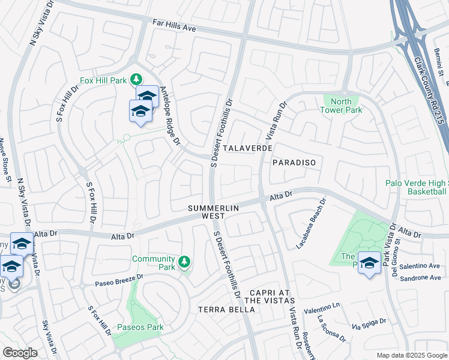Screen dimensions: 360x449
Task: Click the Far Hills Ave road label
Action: [x=174, y=28]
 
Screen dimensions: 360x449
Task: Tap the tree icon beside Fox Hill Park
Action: [x=137, y=79]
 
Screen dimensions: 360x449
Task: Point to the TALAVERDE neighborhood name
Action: [x=248, y=148]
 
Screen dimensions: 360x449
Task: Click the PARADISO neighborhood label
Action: [x=294, y=163]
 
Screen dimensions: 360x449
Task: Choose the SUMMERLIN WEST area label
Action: [x=214, y=211]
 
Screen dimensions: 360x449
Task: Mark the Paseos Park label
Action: [x=140, y=328]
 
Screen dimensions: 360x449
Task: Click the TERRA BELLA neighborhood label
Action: [x=226, y=310]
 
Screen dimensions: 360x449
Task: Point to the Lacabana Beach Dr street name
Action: [x=310, y=224]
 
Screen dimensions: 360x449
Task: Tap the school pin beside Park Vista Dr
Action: [x=369, y=263]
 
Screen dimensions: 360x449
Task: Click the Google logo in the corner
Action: [x=20, y=353]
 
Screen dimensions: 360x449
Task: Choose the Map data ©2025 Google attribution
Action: [x=411, y=355]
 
